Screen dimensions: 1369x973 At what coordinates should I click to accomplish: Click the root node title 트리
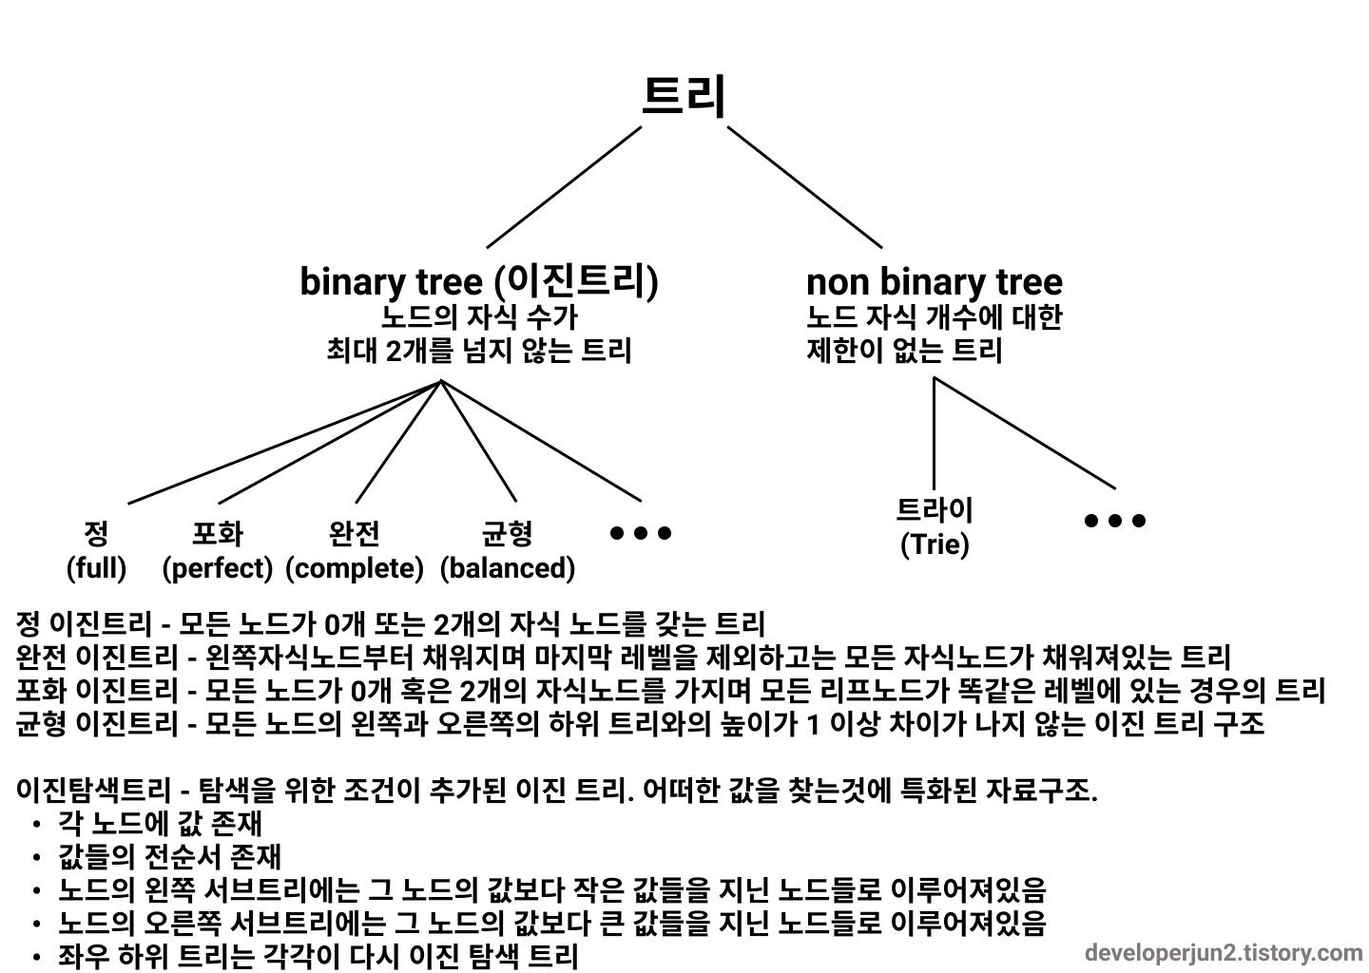pyautogui.click(x=684, y=96)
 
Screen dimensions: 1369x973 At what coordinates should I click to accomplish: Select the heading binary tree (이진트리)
pyautogui.click(x=478, y=281)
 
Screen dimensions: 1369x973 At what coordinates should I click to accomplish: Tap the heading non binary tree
pyautogui.click(x=934, y=281)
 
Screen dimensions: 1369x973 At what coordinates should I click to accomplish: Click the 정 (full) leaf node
pyautogui.click(x=96, y=551)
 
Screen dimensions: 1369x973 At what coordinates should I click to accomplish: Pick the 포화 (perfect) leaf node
pyautogui.click(x=218, y=551)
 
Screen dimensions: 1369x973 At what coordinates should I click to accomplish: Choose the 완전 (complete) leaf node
pyautogui.click(x=355, y=551)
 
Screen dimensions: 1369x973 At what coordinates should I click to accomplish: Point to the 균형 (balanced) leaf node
pyautogui.click(x=508, y=551)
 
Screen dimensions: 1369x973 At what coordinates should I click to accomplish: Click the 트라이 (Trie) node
pyautogui.click(x=935, y=527)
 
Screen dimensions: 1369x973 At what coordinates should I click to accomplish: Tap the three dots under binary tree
pyautogui.click(x=641, y=533)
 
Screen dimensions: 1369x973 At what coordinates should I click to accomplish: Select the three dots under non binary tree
pyautogui.click(x=1114, y=521)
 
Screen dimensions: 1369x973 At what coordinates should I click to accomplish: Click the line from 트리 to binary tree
pyautogui.click(x=564, y=187)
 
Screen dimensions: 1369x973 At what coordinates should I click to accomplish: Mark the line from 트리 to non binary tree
pyautogui.click(x=804, y=187)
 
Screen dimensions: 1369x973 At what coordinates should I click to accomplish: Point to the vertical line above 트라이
pyautogui.click(x=934, y=432)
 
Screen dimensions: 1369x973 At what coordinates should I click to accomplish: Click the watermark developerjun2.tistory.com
pyautogui.click(x=1224, y=952)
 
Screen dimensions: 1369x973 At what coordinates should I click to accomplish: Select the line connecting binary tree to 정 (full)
pyautogui.click(x=285, y=442)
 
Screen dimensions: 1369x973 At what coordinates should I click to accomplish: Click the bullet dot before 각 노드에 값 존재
pyautogui.click(x=36, y=825)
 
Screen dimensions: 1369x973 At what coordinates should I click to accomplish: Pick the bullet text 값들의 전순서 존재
pyautogui.click(x=169, y=856)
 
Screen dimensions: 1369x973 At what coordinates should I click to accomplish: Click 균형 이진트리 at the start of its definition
pyautogui.click(x=96, y=724)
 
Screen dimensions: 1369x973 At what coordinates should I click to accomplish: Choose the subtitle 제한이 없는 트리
pyautogui.click(x=904, y=351)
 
